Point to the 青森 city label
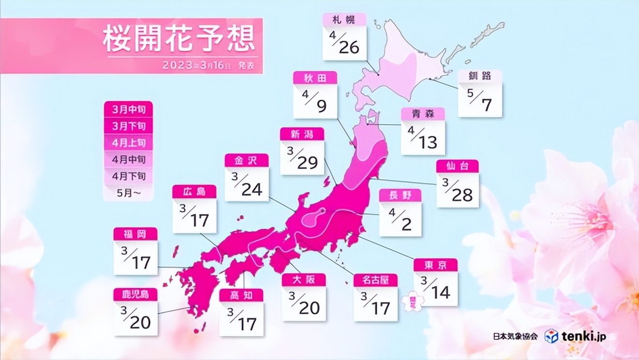pos(423,114)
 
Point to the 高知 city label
pos(241,296)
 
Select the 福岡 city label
pos(135,234)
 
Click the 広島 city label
pos(194,192)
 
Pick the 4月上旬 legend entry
pos(128,143)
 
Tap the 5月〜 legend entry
pos(128,193)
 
